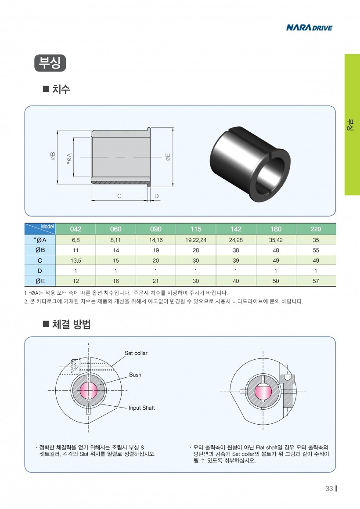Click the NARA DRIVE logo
[x=309, y=28]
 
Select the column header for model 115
[x=196, y=229]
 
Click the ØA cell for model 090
[x=155, y=240]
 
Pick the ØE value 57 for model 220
[x=316, y=281]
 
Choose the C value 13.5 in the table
[x=76, y=260]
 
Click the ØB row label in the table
[x=40, y=250]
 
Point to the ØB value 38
[x=236, y=250]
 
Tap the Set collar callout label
[x=136, y=353]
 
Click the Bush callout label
[x=135, y=375]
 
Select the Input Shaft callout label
[x=141, y=408]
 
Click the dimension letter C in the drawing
[x=119, y=196]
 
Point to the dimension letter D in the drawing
[x=157, y=196]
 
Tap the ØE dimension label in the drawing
[x=168, y=157]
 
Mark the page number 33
[x=329, y=489]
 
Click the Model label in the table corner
[x=47, y=226]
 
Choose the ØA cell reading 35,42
[x=276, y=240]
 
